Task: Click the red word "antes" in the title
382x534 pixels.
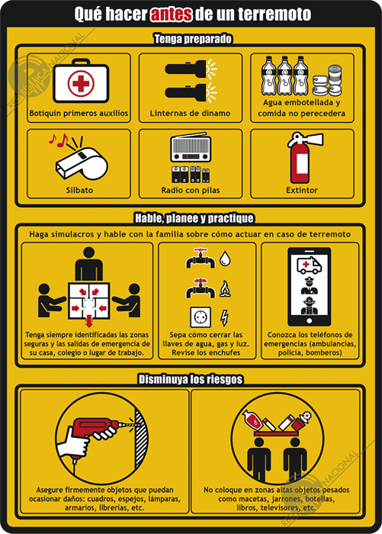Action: point(172,14)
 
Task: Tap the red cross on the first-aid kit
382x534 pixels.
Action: point(81,83)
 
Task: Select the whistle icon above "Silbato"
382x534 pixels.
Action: point(82,163)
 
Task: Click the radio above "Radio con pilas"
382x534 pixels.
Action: point(191,148)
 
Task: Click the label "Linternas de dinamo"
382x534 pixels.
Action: point(190,113)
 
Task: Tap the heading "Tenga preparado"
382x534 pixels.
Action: point(193,39)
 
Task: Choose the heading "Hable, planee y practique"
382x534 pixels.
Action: point(194,218)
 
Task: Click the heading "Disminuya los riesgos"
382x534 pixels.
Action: point(191,379)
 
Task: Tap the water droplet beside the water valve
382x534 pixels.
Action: point(225,259)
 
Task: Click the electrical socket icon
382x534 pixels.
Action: point(201,317)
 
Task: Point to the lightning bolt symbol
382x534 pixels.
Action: point(224,318)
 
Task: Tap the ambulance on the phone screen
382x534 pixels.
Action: point(309,265)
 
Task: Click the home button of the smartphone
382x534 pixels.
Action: point(309,320)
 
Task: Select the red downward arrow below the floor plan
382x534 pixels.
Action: point(89,321)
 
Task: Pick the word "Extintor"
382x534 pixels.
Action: point(302,190)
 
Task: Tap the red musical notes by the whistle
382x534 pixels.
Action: point(58,140)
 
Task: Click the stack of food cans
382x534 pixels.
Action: point(327,82)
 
